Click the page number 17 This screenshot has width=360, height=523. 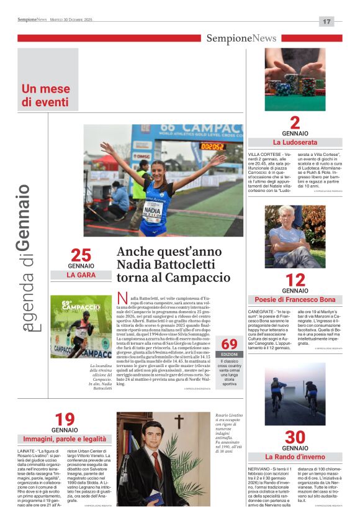(326, 21)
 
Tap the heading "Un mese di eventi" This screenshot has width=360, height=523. (45, 95)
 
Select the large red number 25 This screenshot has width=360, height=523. (81, 255)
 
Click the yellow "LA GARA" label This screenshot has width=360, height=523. (81, 275)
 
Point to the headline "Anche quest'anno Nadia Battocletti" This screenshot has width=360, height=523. (173, 265)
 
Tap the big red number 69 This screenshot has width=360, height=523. (229, 343)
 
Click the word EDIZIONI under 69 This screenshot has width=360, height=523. (229, 354)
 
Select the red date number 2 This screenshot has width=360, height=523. (295, 122)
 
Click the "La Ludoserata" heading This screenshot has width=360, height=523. (295, 142)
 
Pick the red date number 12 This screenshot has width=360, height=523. (295, 280)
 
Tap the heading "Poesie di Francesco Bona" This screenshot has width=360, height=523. (295, 299)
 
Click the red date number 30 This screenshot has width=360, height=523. (295, 437)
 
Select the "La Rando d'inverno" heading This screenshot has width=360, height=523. (295, 457)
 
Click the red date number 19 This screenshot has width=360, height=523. (65, 419)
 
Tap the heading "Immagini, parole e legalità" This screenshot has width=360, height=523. (65, 439)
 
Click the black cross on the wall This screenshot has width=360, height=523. (179, 422)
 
